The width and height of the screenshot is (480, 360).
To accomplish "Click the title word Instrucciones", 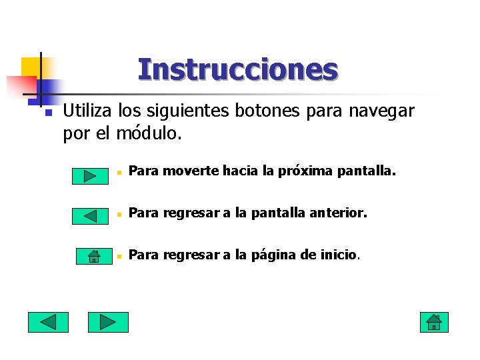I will coord(238,69).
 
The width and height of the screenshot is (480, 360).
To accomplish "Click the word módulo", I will coord(148,133).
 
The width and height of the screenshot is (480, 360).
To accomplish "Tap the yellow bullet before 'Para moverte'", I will coord(117,173).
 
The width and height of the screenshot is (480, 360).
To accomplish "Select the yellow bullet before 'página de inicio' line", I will coord(117,256).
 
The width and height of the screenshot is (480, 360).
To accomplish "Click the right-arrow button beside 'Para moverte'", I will coord(91,175).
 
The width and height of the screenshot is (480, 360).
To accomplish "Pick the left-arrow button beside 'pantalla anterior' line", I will coord(91,215).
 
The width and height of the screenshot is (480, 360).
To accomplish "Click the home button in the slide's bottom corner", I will coord(434,323).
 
